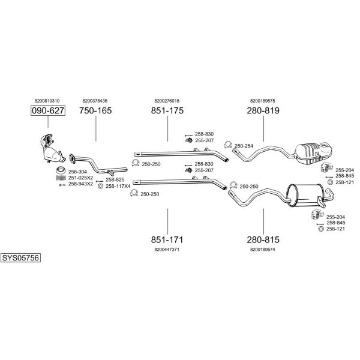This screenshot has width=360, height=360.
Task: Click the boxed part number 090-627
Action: (47, 111)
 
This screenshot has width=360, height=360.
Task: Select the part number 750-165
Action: (95, 111)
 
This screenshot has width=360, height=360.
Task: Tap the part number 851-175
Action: (167, 111)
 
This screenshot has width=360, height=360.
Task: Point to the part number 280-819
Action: (263, 111)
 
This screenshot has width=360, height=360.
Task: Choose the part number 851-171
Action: (167, 239)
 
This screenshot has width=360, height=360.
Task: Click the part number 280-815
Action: (263, 239)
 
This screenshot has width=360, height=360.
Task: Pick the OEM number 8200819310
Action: (47, 101)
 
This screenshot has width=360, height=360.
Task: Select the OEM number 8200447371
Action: (167, 248)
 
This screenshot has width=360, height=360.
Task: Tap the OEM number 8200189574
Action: (263, 248)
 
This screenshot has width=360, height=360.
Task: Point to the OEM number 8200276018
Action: (167, 101)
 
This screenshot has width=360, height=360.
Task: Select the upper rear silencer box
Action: (312, 152)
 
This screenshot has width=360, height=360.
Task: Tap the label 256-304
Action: (77, 172)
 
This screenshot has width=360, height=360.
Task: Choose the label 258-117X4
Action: (118, 186)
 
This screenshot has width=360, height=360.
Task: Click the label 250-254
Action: (244, 146)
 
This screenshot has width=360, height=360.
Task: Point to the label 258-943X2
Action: (80, 184)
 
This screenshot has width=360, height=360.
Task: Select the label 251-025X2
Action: (80, 178)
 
